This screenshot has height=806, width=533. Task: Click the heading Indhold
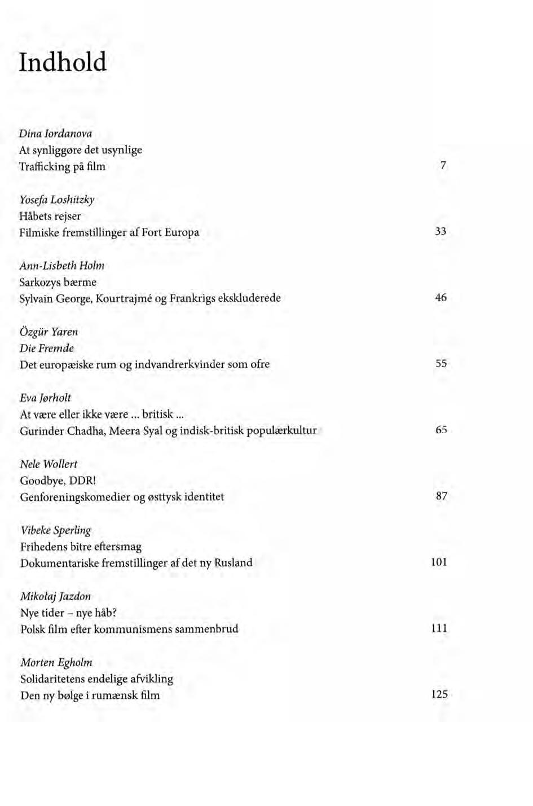tap(63, 62)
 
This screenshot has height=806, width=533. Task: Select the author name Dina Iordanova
tap(55, 134)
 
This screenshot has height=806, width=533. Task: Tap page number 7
tap(443, 165)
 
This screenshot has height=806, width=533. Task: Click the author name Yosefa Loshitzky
tap(56, 200)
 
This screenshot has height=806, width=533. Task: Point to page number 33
tap(441, 231)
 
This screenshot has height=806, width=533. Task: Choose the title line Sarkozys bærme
tap(58, 282)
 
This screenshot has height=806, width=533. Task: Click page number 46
tap(441, 297)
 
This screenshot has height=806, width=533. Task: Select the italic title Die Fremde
tap(47, 348)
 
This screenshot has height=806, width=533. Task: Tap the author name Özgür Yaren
tap(49, 332)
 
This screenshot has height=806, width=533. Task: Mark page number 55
tap(441, 364)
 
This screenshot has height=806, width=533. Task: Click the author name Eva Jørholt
tap(46, 398)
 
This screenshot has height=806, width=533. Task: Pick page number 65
tap(441, 430)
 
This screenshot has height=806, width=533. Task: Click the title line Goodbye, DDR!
tap(59, 481)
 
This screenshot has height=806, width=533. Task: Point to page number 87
tap(441, 496)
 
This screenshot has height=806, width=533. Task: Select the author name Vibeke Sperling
tap(55, 530)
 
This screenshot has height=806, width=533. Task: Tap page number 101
tap(439, 562)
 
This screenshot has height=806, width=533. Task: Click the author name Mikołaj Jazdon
tap(55, 596)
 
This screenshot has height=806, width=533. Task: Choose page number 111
tap(439, 628)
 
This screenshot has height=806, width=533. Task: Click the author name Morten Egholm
tap(56, 662)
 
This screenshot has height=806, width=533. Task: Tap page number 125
tap(439, 694)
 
